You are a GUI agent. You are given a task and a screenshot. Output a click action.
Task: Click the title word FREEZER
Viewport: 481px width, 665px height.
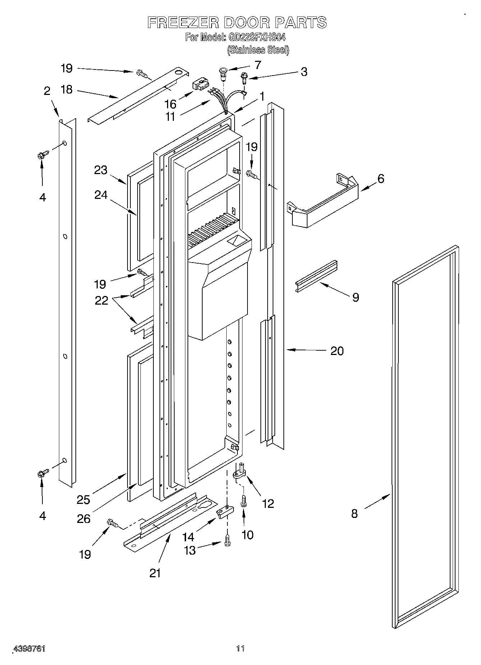click(183, 23)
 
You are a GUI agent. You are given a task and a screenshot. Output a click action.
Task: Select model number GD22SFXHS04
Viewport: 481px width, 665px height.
click(255, 37)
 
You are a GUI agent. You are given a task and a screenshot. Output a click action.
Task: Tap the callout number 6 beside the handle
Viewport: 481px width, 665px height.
click(381, 178)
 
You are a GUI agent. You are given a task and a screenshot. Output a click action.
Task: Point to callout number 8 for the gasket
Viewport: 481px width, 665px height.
click(355, 514)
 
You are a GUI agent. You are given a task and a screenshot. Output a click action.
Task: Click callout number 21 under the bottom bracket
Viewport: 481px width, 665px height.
click(155, 573)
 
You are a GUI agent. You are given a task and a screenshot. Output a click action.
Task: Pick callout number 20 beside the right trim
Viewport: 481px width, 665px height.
click(337, 351)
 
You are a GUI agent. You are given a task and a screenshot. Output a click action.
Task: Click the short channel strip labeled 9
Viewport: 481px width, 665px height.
click(316, 276)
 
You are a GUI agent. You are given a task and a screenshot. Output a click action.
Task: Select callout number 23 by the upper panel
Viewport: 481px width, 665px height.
click(101, 170)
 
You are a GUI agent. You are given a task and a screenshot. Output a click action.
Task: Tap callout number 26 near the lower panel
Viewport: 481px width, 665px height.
click(84, 518)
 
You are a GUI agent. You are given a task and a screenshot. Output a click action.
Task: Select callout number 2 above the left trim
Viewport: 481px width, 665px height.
click(47, 91)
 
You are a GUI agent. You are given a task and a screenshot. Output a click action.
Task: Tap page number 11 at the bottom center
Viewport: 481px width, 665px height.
click(240, 648)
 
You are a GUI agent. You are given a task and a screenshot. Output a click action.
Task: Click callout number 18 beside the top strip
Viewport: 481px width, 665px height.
click(66, 90)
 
